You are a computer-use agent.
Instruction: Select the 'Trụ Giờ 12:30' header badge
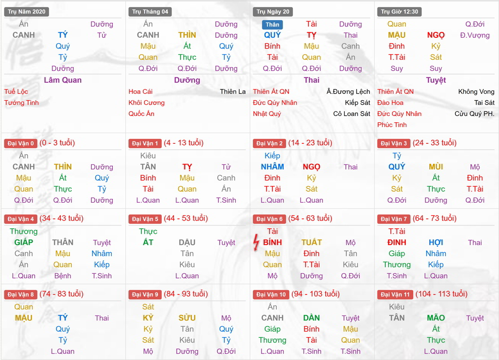tap(399, 12)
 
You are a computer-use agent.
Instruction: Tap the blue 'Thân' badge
tap(272, 25)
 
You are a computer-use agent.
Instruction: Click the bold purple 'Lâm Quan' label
tap(62, 80)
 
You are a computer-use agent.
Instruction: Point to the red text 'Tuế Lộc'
tap(16, 92)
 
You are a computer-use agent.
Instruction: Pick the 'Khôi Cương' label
tap(146, 103)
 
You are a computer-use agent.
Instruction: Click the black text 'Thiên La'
tap(233, 92)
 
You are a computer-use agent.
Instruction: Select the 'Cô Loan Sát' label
tap(352, 114)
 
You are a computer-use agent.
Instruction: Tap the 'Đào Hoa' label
tap(390, 103)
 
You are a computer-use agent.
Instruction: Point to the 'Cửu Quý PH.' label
tap(474, 114)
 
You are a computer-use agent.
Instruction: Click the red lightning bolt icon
tap(256, 243)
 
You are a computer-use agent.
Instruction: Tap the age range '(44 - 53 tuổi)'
tap(186, 218)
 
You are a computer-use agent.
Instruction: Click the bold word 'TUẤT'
tap(311, 242)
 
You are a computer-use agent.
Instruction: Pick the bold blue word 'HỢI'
tap(436, 242)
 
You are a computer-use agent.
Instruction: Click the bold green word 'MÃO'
tap(436, 318)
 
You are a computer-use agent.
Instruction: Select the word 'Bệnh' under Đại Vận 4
tap(62, 276)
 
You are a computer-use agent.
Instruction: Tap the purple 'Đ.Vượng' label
tap(475, 35)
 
